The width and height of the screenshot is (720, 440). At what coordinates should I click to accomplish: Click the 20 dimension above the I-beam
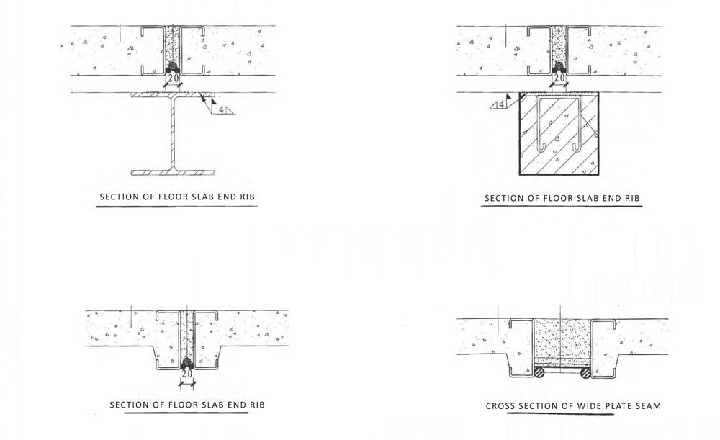[x=173, y=78]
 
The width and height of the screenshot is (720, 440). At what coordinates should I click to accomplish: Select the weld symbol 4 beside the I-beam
[x=222, y=109]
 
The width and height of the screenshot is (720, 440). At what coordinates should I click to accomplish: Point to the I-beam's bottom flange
[x=173, y=172]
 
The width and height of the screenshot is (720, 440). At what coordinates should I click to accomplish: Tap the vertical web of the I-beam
[x=173, y=133]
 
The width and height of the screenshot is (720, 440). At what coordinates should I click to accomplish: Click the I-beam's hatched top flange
[x=173, y=94]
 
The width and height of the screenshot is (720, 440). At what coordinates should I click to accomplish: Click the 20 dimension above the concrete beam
[x=559, y=78]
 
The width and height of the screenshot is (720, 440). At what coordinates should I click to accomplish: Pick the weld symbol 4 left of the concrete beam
[x=501, y=104]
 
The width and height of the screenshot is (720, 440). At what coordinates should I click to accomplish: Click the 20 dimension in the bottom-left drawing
[x=187, y=374]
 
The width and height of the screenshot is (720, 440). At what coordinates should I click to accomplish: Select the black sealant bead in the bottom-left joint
[x=186, y=364]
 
